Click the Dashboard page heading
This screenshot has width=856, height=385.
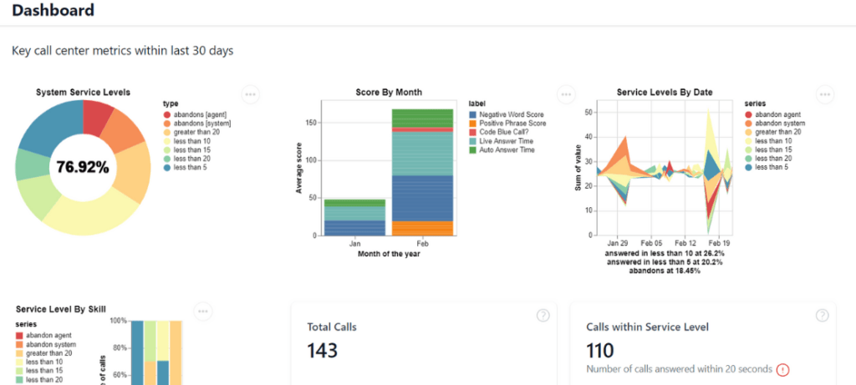(53, 11)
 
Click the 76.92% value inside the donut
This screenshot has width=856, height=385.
(83, 167)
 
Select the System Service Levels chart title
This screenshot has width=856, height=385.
(83, 92)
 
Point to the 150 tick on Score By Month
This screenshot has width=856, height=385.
(310, 123)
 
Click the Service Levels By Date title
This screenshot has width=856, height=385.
(664, 92)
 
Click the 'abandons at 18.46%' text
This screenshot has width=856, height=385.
(665, 271)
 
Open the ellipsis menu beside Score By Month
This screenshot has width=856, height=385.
(566, 94)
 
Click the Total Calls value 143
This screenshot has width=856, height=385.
(323, 351)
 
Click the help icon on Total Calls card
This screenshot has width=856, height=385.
(543, 315)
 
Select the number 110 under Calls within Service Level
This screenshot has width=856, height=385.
(600, 351)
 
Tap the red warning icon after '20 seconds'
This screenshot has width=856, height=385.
(782, 369)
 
